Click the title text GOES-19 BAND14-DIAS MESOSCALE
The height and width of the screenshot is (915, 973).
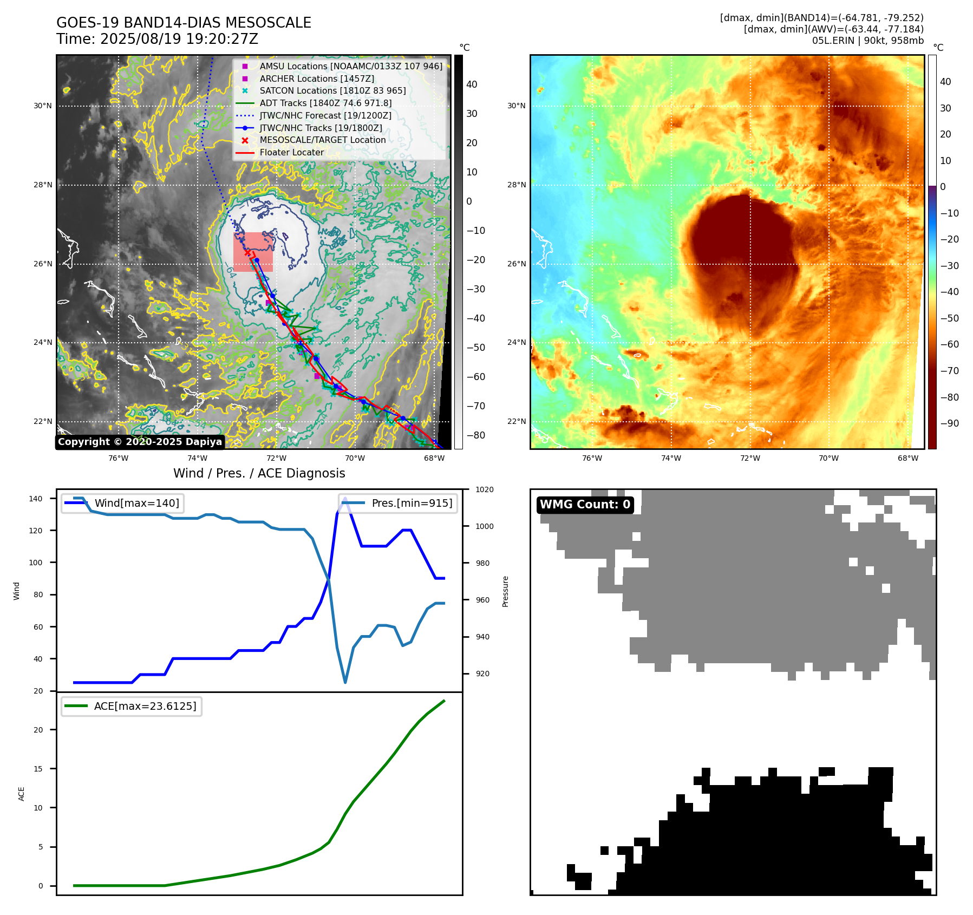point(184,23)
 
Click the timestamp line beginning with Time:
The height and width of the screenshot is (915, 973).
point(157,39)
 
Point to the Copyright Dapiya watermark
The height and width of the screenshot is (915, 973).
point(140,442)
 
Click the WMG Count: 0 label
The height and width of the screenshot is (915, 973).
point(585,505)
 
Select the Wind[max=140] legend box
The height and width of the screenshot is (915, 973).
point(122,503)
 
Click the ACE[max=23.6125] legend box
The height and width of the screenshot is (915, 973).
point(132,706)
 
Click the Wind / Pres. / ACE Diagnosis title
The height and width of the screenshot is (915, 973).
point(259,473)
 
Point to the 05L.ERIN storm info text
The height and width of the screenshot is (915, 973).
point(867,41)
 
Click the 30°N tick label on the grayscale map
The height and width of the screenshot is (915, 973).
point(43,106)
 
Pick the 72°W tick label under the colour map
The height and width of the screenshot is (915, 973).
point(750,458)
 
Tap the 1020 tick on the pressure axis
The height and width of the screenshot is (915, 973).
point(484,489)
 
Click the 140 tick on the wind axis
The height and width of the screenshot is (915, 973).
point(36,499)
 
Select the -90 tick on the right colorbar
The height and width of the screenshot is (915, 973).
point(949,423)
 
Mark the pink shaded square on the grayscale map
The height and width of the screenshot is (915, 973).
point(253,252)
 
